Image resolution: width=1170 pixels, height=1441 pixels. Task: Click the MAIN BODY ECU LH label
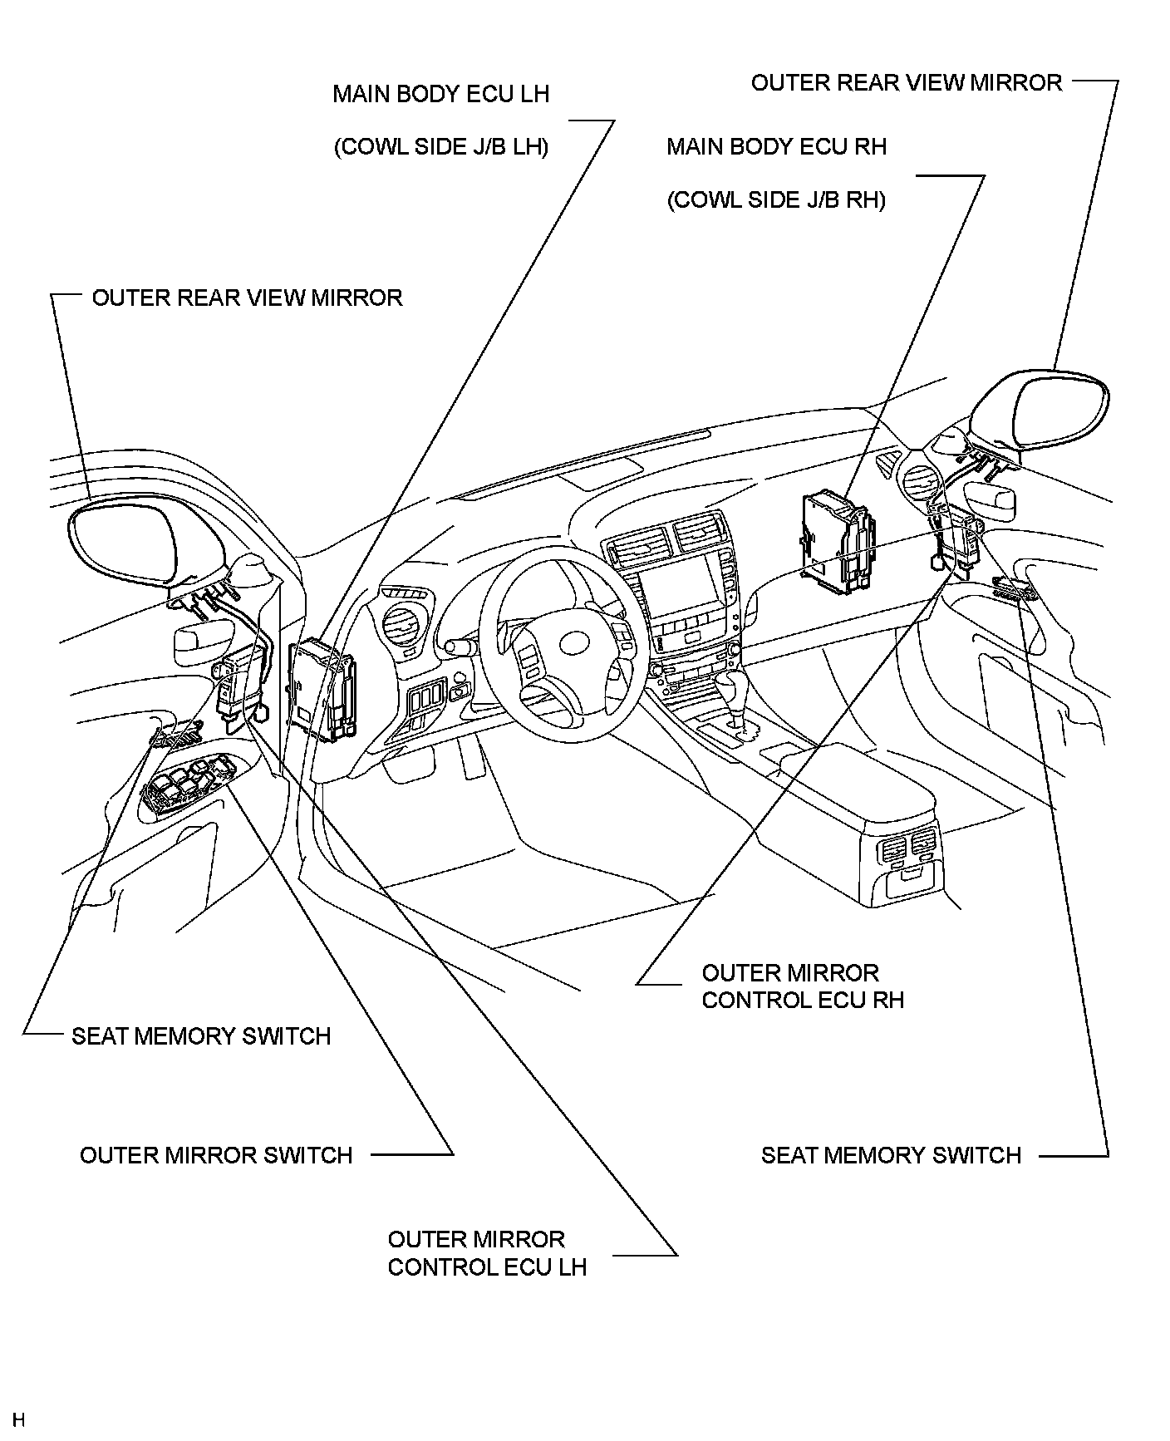tap(440, 94)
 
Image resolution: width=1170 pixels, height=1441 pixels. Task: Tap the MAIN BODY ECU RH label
tap(776, 147)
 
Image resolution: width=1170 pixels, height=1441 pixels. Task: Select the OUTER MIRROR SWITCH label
tap(216, 1155)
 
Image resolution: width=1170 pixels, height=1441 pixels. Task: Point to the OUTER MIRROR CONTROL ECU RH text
tap(802, 986)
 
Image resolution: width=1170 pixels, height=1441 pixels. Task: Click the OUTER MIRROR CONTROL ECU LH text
tap(487, 1252)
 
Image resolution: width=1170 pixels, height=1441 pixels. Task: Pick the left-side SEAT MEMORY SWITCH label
tap(201, 1036)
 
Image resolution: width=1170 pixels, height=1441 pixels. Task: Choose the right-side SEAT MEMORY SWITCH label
tap(891, 1155)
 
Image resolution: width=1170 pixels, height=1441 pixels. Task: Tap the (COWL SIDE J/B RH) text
tap(776, 200)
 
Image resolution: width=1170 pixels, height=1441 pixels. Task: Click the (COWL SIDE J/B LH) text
tap(440, 147)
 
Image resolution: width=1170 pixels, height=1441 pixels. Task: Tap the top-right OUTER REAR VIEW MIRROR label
tap(907, 83)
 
